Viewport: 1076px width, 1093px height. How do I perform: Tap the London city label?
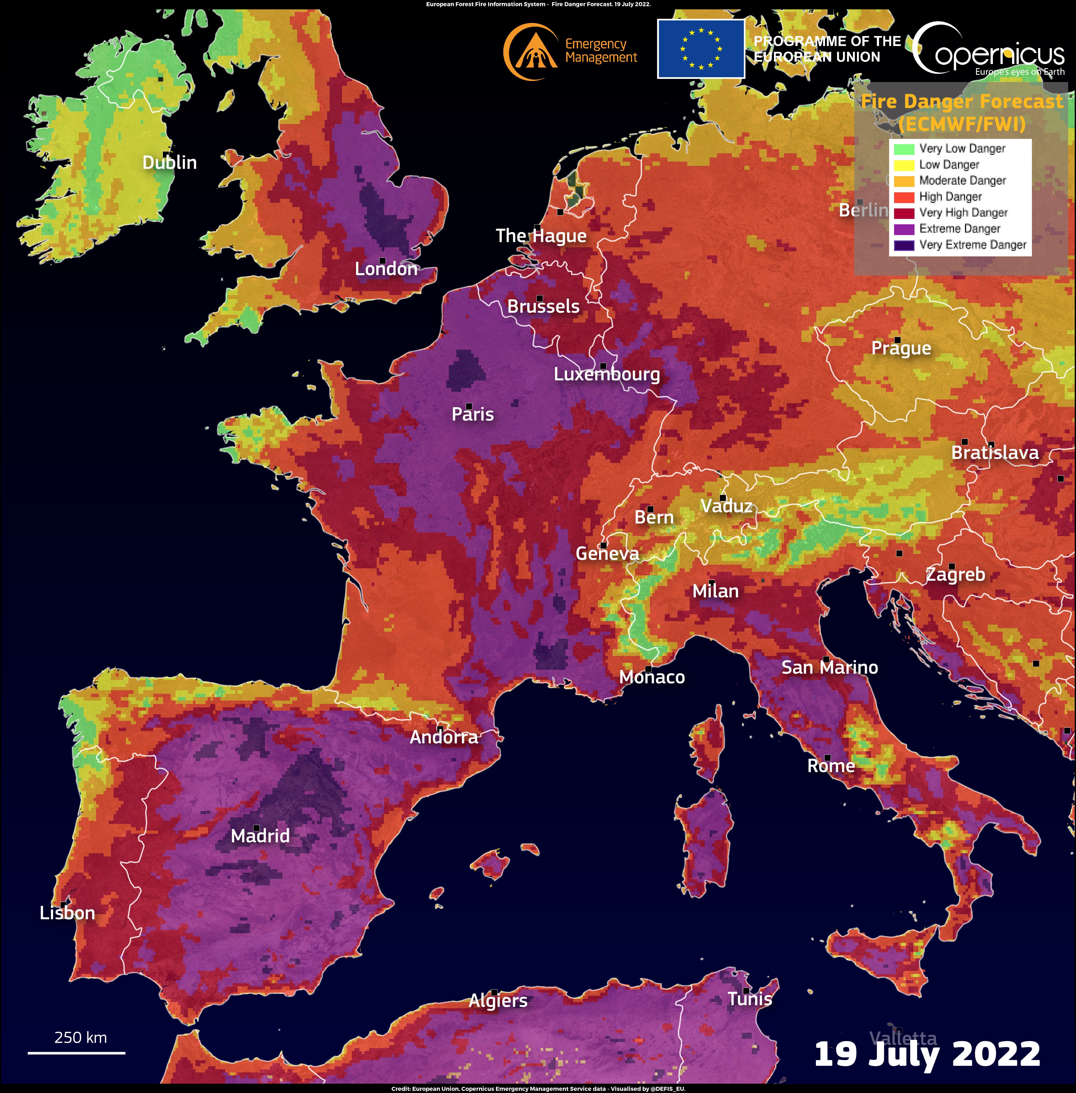(x=386, y=269)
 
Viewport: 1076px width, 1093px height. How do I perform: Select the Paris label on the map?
(x=472, y=414)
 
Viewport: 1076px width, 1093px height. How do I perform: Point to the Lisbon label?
(x=67, y=913)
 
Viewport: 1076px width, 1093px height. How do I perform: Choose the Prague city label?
(x=901, y=348)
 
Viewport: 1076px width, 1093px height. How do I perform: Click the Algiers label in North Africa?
(x=498, y=1001)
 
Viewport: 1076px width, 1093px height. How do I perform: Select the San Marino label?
(x=829, y=668)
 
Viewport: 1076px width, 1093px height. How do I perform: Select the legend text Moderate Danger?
(x=962, y=181)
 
